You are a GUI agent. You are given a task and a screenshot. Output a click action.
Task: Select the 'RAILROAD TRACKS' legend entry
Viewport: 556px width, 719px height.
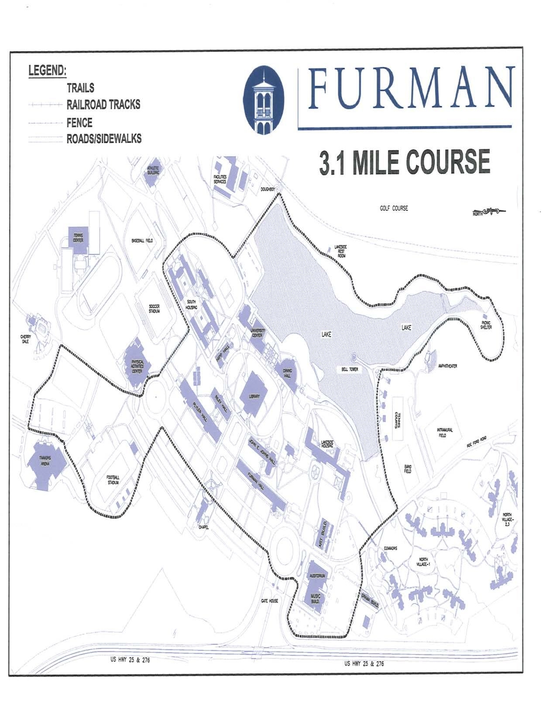coord(103,105)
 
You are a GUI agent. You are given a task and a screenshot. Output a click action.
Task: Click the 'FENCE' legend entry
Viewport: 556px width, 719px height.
coord(79,123)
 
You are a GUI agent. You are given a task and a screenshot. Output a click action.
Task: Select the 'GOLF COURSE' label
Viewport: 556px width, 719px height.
coord(394,208)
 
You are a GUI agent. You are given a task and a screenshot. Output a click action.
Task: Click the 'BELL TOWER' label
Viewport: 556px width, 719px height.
coord(350,369)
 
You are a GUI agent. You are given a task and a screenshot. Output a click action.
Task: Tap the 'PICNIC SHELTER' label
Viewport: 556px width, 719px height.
coord(486,325)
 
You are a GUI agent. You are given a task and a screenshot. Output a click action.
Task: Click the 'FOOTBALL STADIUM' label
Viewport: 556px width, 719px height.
coord(113,480)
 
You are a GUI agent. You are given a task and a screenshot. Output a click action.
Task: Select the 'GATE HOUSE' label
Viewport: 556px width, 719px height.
coord(269,601)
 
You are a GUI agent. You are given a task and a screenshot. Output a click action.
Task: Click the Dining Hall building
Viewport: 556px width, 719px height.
coord(288,373)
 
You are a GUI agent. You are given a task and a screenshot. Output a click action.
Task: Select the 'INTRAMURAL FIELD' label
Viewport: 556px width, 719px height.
coord(445,432)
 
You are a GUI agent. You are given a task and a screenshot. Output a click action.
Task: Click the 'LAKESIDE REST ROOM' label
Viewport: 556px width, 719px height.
coord(340,251)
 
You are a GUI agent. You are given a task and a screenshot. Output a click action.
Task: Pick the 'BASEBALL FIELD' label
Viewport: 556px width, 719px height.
coord(142,241)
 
